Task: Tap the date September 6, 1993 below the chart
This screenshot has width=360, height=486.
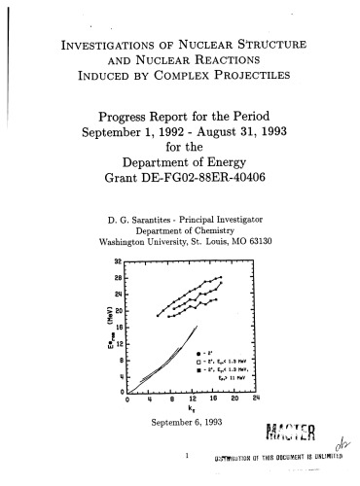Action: tap(178, 422)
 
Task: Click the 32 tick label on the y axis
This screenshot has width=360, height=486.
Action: tap(118, 263)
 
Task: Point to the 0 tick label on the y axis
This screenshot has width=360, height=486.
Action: tap(120, 390)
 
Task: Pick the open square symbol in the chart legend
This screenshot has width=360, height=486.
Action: tap(199, 361)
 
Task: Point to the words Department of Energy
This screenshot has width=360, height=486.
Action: tap(179, 189)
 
